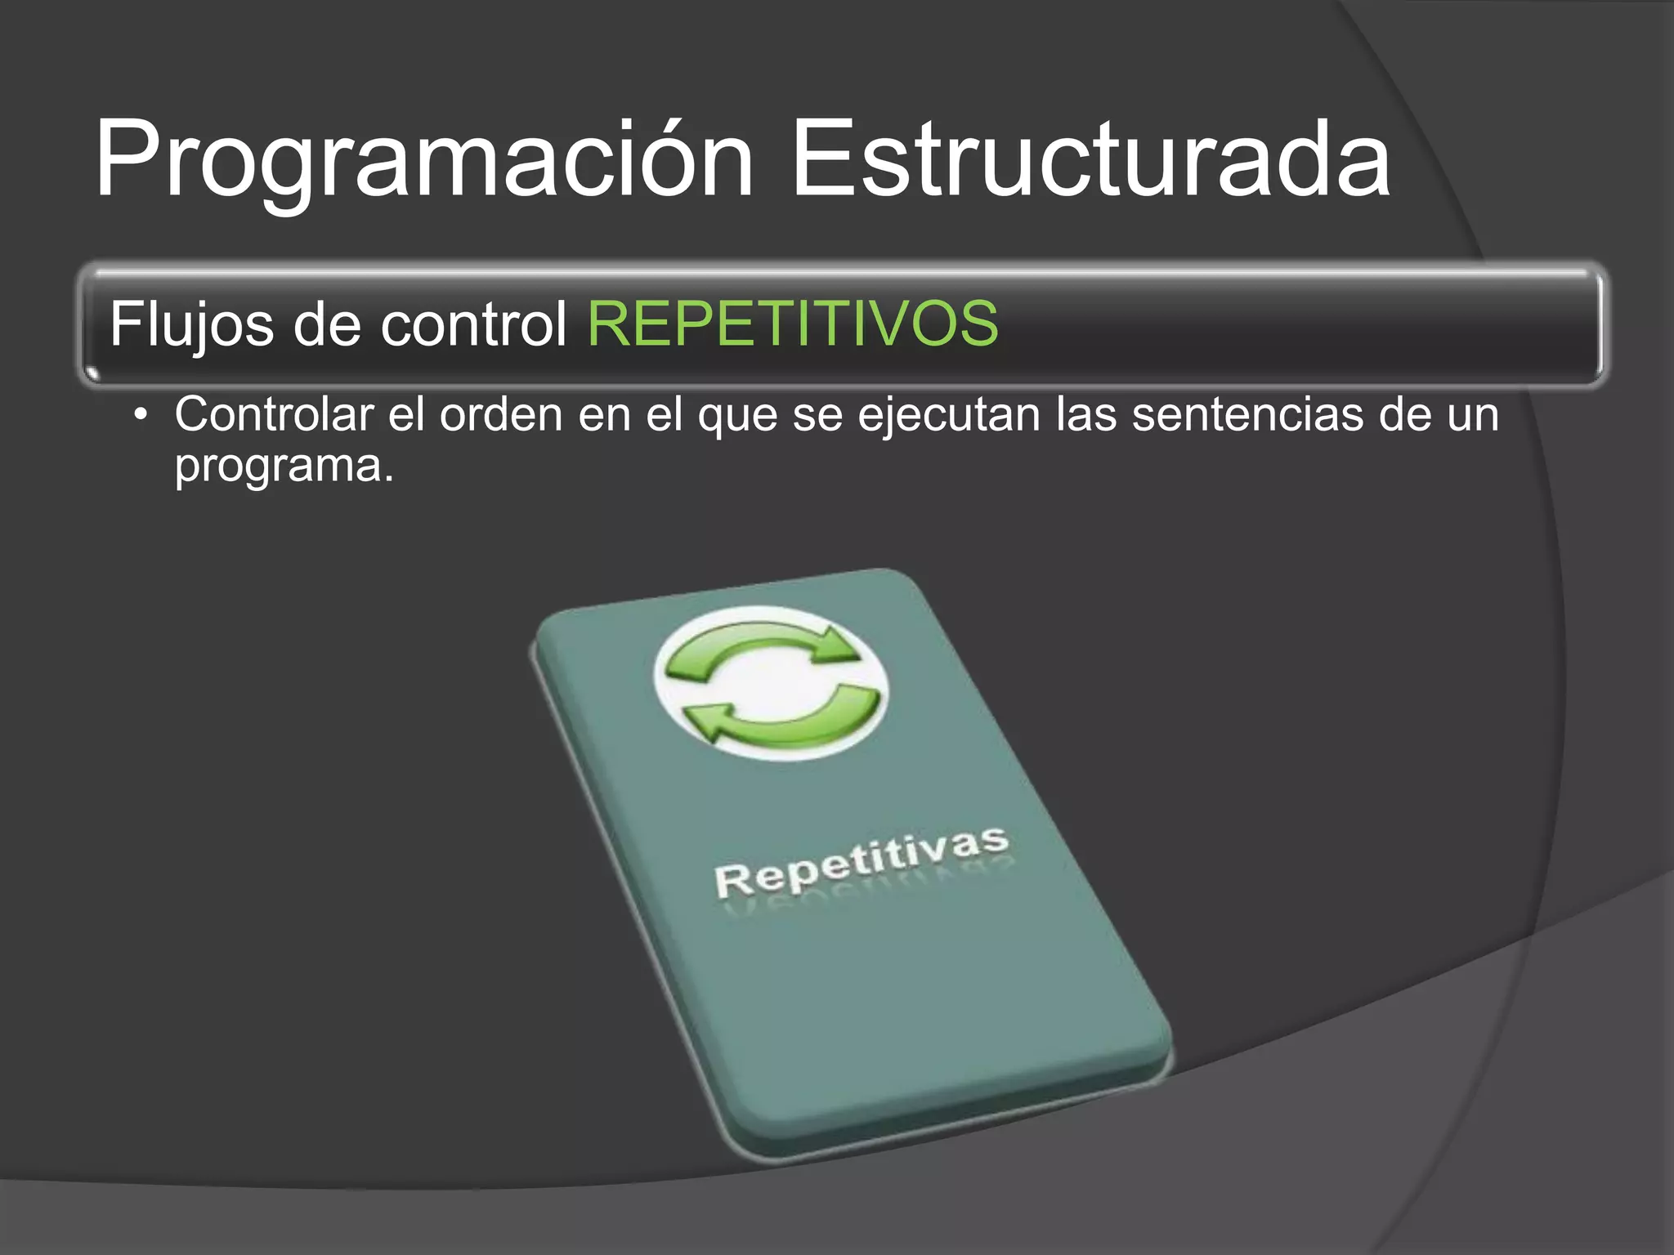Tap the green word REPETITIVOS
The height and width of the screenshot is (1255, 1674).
coord(793,324)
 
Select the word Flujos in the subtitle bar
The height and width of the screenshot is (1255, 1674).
coord(191,325)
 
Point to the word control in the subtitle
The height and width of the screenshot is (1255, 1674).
coord(473,324)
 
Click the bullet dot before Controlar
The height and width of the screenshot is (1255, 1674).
coord(142,415)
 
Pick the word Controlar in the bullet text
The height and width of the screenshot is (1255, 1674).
coord(274,414)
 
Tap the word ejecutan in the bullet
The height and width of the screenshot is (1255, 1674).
coord(948,416)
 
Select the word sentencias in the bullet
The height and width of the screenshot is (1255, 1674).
coord(1247,414)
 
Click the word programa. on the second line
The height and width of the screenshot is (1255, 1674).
coord(284,467)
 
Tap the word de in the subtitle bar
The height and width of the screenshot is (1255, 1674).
coord(327,324)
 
